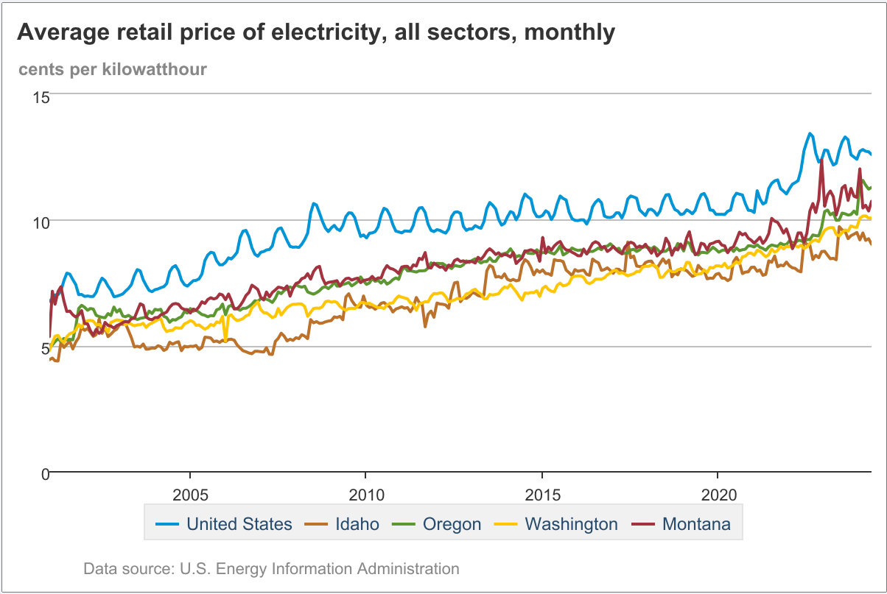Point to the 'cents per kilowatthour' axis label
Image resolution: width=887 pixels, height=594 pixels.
point(113,69)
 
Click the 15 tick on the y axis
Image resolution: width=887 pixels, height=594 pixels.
point(41,96)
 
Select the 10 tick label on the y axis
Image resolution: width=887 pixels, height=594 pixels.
point(41,222)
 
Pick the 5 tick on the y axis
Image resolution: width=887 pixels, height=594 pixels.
point(44,347)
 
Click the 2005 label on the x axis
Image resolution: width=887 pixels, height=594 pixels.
point(190,492)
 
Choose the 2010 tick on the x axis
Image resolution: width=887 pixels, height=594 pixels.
point(366,492)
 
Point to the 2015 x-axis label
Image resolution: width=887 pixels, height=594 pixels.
point(541,492)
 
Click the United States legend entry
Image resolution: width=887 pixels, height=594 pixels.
point(239,524)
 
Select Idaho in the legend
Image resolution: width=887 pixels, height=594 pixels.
point(357,524)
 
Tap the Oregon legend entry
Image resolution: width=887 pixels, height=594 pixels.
point(452,524)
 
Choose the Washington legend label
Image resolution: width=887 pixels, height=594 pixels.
point(571,524)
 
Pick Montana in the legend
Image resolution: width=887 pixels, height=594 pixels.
point(696,524)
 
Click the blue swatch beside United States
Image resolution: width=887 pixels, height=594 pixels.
point(167,525)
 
